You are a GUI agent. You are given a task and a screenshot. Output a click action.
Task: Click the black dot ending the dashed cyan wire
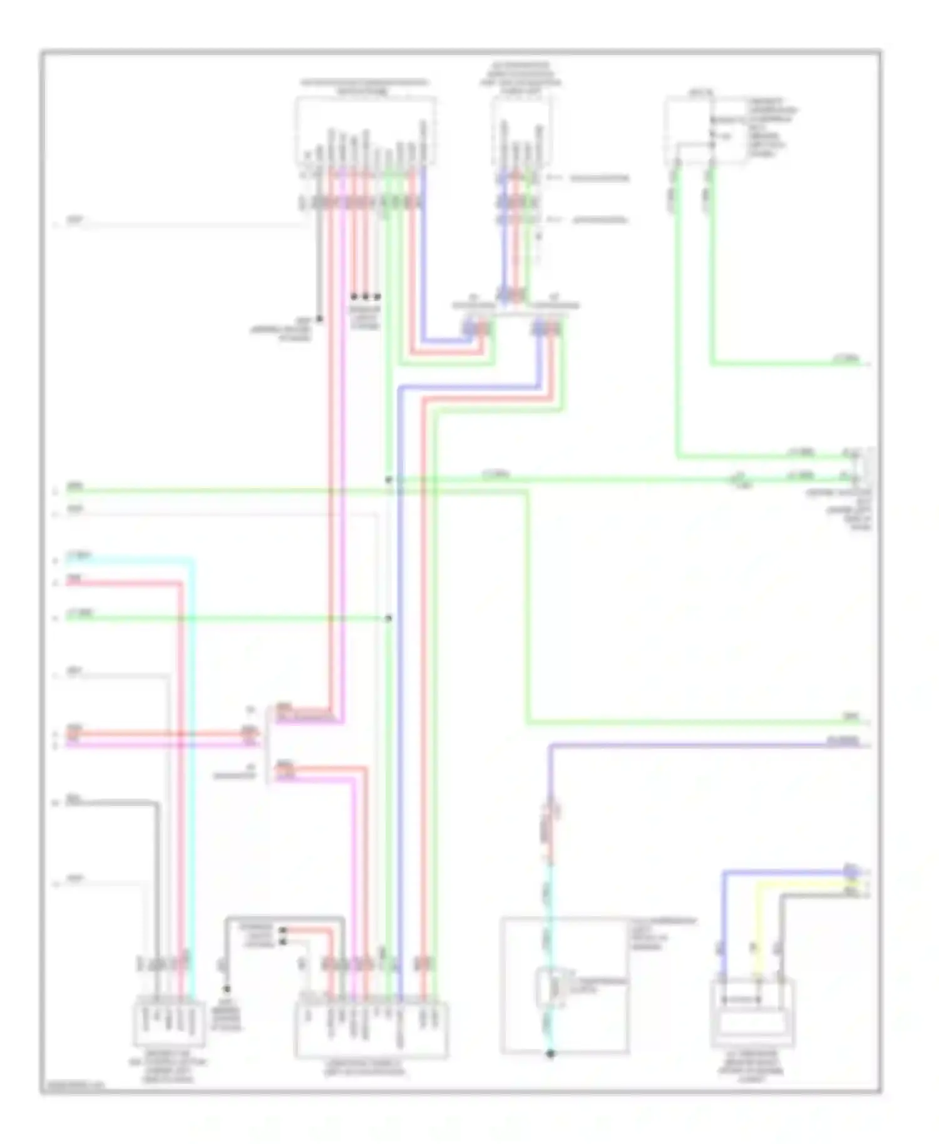tap(551, 1054)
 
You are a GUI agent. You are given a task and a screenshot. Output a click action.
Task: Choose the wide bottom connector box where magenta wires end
tap(371, 1029)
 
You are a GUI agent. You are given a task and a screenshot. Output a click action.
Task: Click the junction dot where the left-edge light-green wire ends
tap(389, 618)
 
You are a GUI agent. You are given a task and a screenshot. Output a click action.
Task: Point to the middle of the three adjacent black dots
tap(366, 296)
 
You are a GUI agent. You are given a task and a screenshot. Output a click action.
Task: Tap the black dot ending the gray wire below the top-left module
tap(319, 319)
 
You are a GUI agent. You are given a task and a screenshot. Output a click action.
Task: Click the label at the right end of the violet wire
tap(843, 741)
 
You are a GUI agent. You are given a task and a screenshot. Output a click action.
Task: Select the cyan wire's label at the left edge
tap(80, 555)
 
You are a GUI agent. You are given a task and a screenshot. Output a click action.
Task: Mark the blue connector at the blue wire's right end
tap(849, 870)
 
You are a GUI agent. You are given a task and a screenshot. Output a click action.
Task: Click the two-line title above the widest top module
tap(364, 87)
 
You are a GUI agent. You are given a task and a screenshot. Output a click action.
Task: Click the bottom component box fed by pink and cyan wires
tap(170, 1024)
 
